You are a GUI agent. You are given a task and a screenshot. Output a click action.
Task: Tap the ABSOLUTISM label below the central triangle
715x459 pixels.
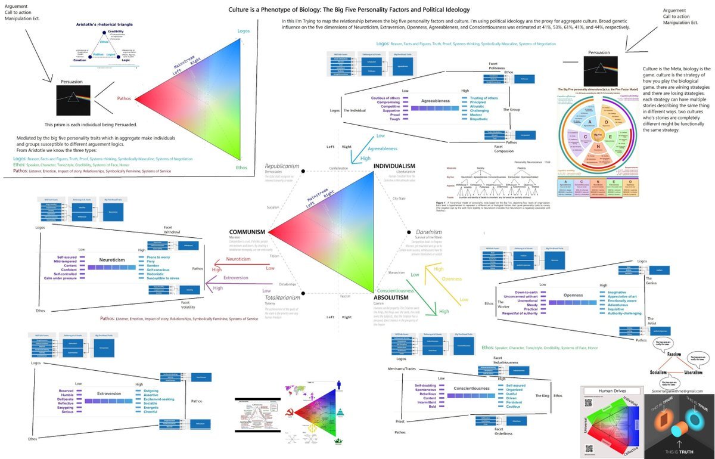pos(391,297)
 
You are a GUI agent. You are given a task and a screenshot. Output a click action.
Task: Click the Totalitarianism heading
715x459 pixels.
pos(283,297)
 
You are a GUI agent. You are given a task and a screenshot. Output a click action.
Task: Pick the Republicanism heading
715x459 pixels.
pos(282,165)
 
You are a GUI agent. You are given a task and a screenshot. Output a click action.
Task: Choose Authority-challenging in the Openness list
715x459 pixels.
pos(624,314)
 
